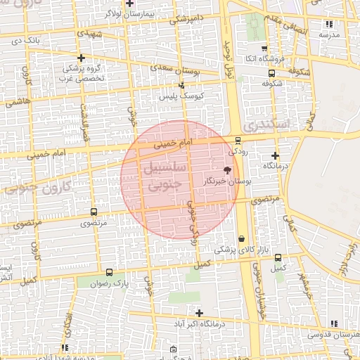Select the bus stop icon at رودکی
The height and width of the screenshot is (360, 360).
click(x=238, y=140)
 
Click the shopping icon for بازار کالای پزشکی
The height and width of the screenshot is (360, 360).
click(x=242, y=238)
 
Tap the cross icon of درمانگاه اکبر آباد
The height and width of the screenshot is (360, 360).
click(x=200, y=313)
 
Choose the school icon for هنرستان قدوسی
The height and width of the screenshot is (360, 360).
click(x=333, y=323)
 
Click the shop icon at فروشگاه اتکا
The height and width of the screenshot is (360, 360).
click(x=264, y=49)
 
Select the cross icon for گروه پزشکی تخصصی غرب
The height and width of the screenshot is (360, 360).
click(x=82, y=58)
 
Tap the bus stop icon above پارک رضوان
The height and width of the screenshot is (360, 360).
click(x=108, y=272)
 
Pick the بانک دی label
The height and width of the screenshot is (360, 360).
click(x=27, y=41)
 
